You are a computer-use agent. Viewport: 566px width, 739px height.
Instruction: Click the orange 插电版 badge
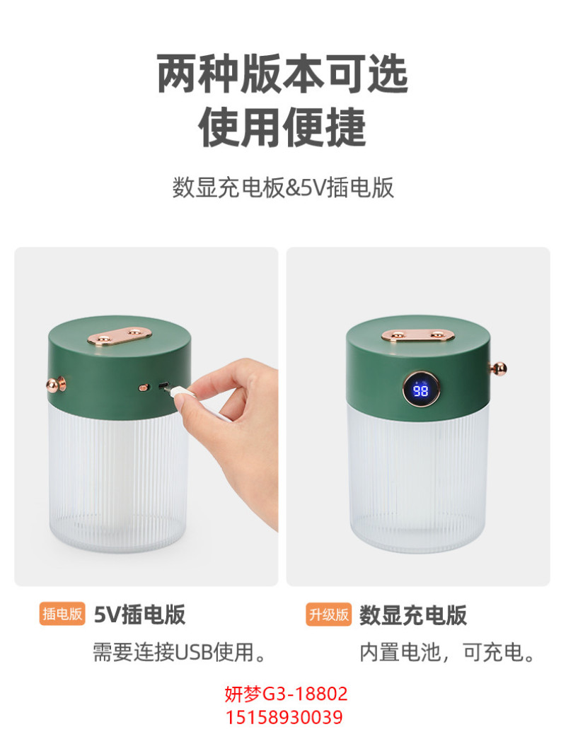tap(62, 614)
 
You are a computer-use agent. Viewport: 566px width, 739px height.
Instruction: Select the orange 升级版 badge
tap(329, 614)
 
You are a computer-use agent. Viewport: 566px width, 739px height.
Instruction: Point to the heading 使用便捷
tap(282, 127)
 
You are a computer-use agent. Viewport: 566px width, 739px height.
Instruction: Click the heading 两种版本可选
tap(282, 74)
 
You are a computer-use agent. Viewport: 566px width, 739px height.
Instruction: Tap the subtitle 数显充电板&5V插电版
tap(283, 187)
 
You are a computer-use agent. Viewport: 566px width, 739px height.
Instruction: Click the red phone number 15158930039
tap(284, 717)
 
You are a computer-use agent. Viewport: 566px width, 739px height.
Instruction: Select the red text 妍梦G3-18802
tap(286, 694)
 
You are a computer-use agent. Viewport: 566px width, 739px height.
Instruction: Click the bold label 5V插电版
tap(139, 614)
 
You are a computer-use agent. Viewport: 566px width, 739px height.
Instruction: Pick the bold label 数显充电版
tap(413, 615)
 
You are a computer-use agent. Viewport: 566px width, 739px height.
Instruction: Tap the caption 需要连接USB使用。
tap(180, 652)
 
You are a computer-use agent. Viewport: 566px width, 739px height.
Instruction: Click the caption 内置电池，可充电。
tap(446, 652)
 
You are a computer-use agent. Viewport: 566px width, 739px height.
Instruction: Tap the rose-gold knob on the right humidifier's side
tap(499, 368)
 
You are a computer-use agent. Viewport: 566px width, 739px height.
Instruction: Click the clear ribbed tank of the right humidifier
tap(418, 478)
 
